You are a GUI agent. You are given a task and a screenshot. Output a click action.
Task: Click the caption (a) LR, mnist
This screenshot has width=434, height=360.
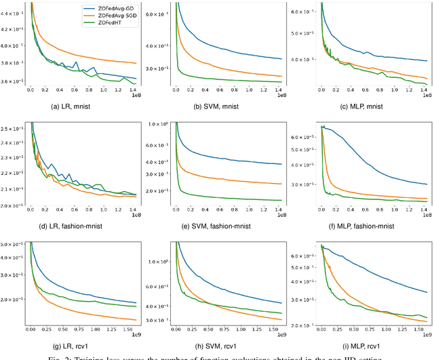[82, 106]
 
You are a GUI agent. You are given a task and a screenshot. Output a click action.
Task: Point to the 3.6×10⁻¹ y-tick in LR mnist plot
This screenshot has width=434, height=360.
[14, 81]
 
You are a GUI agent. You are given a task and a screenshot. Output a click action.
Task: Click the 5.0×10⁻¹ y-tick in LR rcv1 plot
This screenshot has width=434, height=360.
[14, 244]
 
